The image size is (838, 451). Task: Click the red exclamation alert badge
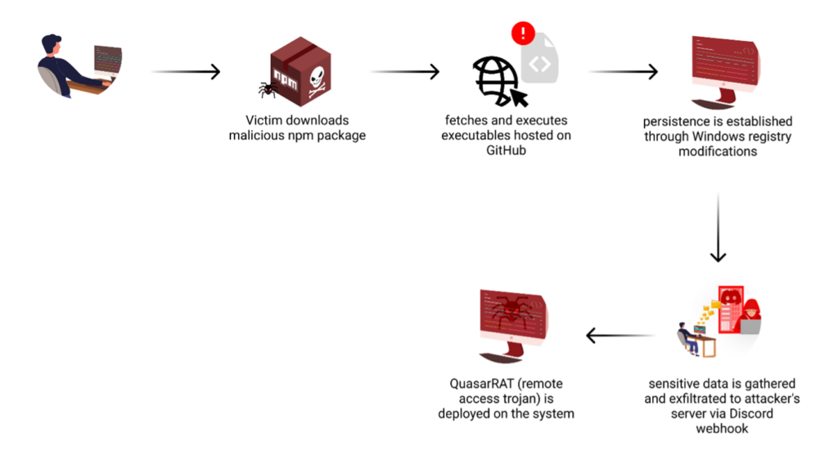[x=523, y=33]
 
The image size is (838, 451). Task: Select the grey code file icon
[x=540, y=59]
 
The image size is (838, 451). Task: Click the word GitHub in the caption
[x=506, y=151]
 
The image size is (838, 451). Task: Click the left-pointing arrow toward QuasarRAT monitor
[x=620, y=336]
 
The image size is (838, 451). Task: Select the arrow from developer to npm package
[x=186, y=71]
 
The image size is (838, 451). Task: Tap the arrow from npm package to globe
[x=404, y=71]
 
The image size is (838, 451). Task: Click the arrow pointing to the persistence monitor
[x=623, y=71]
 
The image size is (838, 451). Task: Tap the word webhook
[x=722, y=429]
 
